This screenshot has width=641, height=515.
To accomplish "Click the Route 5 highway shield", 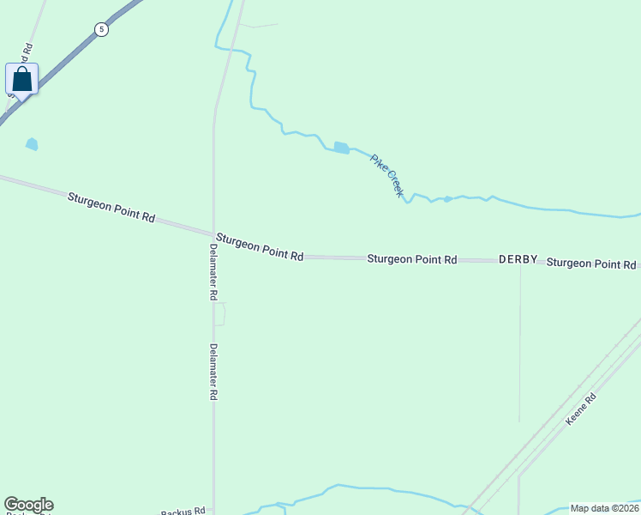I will pos(102,29).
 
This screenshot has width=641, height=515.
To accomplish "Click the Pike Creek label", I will pos(386,175).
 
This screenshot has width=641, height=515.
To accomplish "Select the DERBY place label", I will pos(518,259).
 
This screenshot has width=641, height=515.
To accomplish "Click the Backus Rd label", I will pos(183,510).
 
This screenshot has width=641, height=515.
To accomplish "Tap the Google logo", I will pos(28,505).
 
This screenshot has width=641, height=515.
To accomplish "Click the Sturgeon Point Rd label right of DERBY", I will pos(591,263).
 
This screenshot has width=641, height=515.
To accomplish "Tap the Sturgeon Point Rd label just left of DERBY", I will pos(411,258).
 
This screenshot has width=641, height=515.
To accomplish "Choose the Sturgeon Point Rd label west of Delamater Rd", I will pos(111,208).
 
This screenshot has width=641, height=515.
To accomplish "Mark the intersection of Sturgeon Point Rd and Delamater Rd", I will pos(213,233).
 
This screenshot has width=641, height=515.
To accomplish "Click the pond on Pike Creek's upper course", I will pos(341,148).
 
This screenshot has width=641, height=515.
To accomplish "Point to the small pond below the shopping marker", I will pos(32,143).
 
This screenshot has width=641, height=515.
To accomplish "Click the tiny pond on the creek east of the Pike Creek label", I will pos(447,199).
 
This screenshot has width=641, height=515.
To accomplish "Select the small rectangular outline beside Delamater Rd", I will pos(219,314).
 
